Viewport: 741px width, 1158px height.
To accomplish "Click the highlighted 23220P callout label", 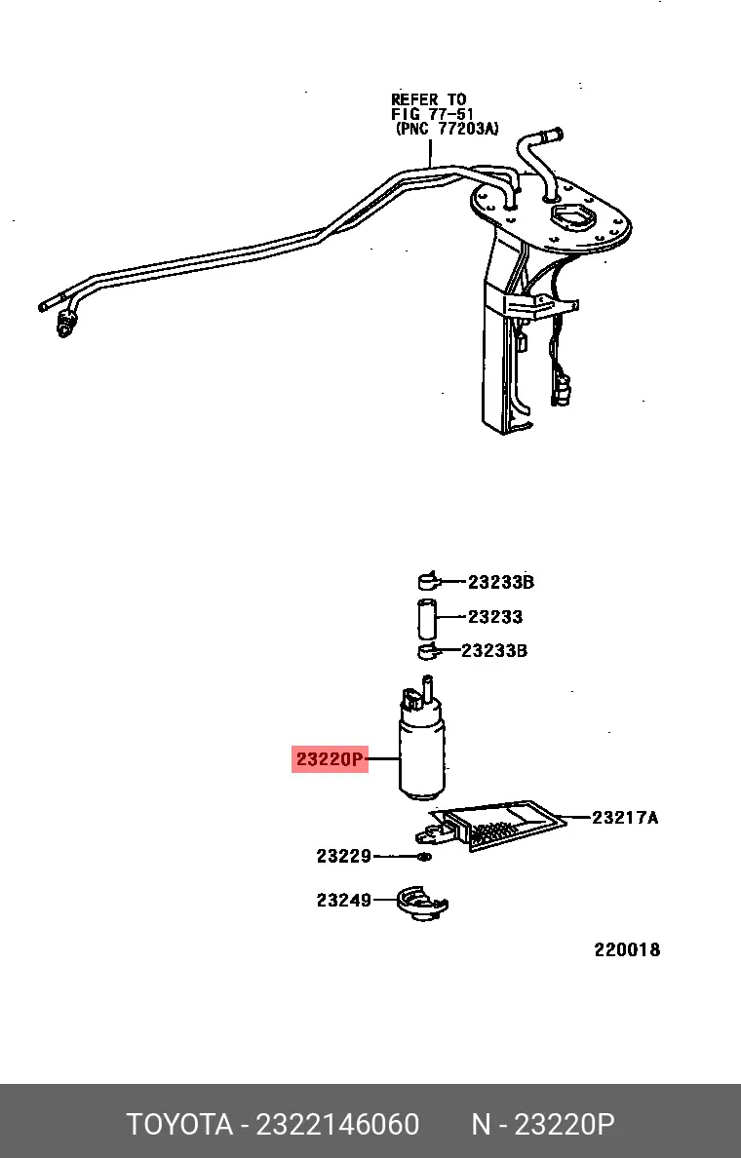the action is point(330,758).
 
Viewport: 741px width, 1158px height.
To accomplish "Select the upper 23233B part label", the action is point(501,582).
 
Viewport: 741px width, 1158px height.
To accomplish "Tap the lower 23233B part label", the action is point(494,650).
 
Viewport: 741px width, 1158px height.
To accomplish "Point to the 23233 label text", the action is point(495,617).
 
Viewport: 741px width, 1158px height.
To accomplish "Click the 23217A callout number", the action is point(625,818).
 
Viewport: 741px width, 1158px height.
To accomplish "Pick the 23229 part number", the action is point(343,856).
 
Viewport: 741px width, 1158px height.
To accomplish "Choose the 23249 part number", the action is point(343,901).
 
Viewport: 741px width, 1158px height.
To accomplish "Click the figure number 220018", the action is point(627,949).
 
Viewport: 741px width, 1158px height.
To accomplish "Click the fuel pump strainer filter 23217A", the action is point(490,825).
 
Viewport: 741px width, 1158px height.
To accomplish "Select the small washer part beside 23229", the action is point(424,857).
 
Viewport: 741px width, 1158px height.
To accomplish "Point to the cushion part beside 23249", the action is point(422,904).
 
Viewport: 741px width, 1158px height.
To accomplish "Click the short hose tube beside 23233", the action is point(427,619).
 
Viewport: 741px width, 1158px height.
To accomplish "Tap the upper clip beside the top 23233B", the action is point(428,581).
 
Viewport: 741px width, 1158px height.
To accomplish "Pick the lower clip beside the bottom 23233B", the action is point(428,650).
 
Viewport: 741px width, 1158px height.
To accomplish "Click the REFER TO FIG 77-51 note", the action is point(445,114).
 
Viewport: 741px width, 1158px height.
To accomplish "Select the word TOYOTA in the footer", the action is point(179,1124).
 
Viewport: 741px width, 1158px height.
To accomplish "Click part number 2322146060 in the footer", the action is point(337,1124).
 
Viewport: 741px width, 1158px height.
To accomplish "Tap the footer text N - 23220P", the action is point(543,1124).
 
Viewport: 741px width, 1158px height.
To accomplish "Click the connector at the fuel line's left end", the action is point(66,324).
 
